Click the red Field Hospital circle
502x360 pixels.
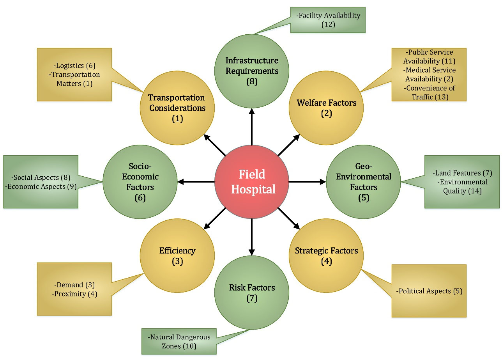(x=252, y=182)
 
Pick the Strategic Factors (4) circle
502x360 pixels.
(x=326, y=256)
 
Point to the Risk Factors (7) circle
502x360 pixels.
(x=252, y=293)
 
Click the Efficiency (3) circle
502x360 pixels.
(x=177, y=256)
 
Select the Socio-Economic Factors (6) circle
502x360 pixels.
(x=140, y=182)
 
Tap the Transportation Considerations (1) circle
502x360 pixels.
(x=177, y=108)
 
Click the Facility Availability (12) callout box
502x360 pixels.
(x=328, y=20)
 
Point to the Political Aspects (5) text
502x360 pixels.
(x=429, y=291)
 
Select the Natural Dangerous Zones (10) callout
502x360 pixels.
(x=179, y=341)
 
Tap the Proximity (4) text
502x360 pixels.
(x=74, y=293)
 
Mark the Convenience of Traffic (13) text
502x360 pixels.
(x=430, y=92)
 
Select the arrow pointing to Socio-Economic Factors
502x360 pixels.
(x=196, y=182)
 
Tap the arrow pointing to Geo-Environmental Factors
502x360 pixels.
(x=307, y=182)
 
